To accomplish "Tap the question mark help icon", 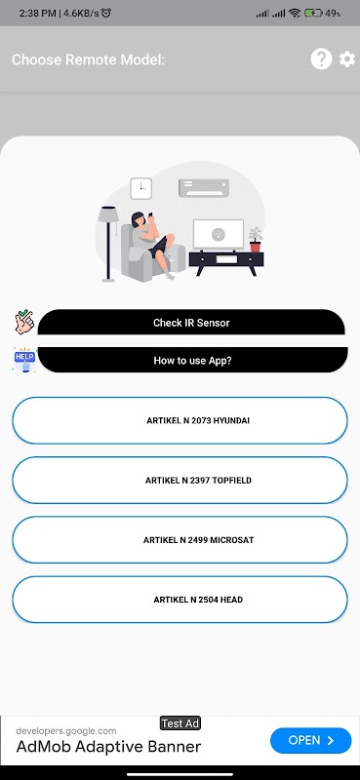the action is pyautogui.click(x=321, y=59).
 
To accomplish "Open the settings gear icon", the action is pyautogui.click(x=347, y=59).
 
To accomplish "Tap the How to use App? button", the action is pyautogui.click(x=193, y=360).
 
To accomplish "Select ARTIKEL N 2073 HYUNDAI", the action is pyautogui.click(x=180, y=420).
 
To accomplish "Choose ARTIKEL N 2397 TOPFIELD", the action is pyautogui.click(x=180, y=480).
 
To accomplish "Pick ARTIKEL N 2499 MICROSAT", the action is pyautogui.click(x=180, y=540).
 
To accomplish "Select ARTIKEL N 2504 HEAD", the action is pyautogui.click(x=180, y=600).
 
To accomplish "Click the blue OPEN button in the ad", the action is pyautogui.click(x=310, y=740).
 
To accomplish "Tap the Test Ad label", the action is pyautogui.click(x=180, y=723).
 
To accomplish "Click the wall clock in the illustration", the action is pyautogui.click(x=140, y=188).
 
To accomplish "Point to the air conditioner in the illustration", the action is pyautogui.click(x=204, y=188).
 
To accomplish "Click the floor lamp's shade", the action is pyautogui.click(x=108, y=214).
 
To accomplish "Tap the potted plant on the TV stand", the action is pyautogui.click(x=256, y=239).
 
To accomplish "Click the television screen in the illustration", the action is pyautogui.click(x=219, y=234).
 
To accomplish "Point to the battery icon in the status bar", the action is pyautogui.click(x=314, y=13).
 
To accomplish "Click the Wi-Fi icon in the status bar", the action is pyautogui.click(x=295, y=13).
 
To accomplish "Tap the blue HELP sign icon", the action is pyautogui.click(x=24, y=359).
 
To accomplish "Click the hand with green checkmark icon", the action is pyautogui.click(x=23, y=322).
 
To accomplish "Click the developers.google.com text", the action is pyautogui.click(x=66, y=730).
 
